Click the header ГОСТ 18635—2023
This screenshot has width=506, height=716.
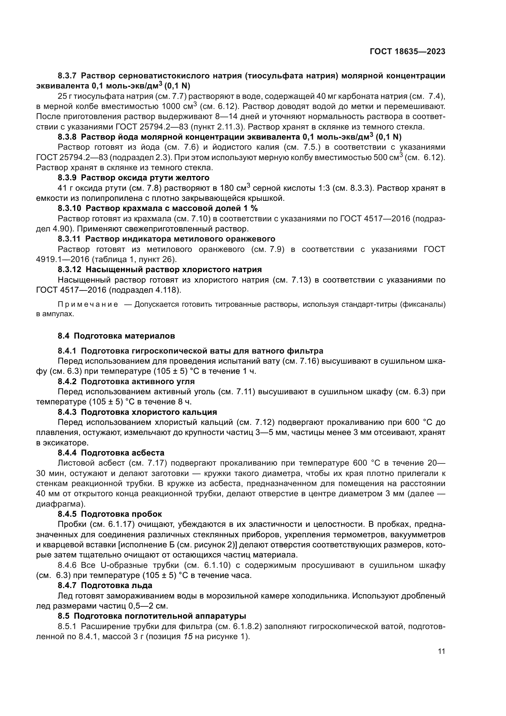click(407, 52)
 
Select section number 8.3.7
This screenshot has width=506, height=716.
click(67, 76)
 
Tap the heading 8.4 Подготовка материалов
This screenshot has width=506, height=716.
click(116, 336)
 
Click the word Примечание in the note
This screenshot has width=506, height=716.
click(88, 304)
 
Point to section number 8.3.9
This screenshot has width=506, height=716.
click(67, 178)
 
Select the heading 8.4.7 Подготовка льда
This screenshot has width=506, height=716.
click(105, 585)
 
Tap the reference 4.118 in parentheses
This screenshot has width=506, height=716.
click(167, 290)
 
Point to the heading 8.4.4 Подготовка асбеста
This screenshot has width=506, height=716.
click(111, 452)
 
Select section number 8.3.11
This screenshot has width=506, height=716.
click(69, 239)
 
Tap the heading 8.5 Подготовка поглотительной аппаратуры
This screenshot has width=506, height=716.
click(152, 616)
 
